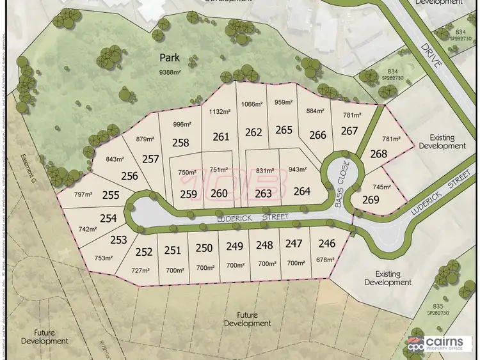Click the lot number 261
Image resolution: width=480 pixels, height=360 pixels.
click(221, 136)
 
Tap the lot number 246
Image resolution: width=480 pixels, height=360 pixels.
click(326, 243)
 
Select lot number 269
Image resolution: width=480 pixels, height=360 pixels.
click(371, 200)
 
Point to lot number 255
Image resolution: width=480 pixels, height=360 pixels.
click(111, 196)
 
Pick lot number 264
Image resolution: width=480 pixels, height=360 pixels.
click(301, 191)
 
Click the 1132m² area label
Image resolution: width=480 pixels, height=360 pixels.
click(220, 111)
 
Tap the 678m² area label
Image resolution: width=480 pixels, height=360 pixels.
click(326, 260)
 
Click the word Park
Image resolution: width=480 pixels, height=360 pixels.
click(169, 58)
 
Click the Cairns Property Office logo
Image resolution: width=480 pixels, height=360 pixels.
click(441, 343)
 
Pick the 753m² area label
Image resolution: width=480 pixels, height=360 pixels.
click(104, 258)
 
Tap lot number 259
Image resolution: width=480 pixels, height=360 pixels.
click(188, 194)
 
